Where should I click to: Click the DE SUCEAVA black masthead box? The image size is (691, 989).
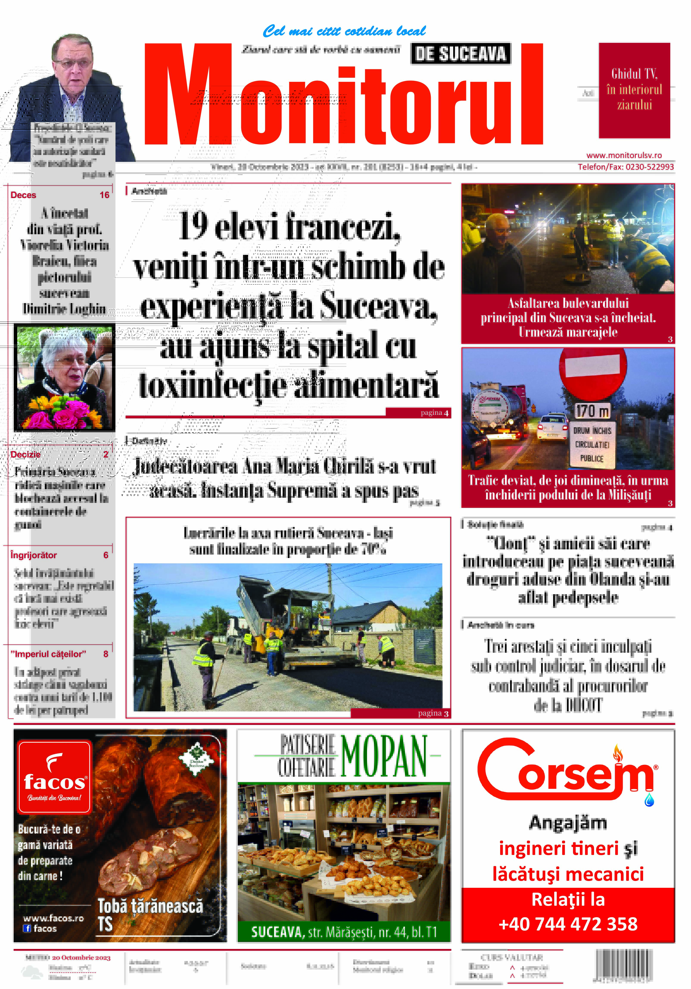[x=460, y=54]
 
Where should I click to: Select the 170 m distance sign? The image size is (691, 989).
[x=592, y=411]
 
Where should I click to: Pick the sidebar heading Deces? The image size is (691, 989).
[x=23, y=195]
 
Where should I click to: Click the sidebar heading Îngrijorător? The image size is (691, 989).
[x=34, y=555]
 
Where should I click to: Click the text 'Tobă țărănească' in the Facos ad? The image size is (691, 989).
[x=150, y=906]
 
